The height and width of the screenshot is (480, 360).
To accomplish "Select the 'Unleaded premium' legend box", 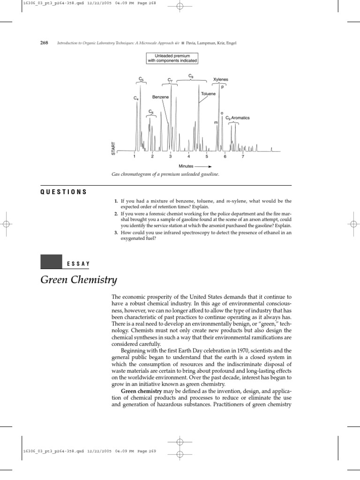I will (x=172, y=58).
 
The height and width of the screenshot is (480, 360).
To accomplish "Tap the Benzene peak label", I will (x=160, y=97).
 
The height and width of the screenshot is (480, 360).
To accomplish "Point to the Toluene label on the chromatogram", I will (x=209, y=94).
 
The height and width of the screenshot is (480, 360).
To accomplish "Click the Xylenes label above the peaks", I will (x=221, y=80).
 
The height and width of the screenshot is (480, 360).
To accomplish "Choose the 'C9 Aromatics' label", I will (x=238, y=118).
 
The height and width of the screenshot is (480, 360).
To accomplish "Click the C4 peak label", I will (x=135, y=98).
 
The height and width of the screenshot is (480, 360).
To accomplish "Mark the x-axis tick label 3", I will (x=170, y=157).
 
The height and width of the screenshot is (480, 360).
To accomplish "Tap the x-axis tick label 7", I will (x=242, y=157).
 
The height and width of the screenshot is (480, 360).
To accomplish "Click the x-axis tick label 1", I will (x=135, y=157).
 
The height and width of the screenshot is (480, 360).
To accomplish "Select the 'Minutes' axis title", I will (x=186, y=166).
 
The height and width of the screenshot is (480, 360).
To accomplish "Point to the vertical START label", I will (x=113, y=148).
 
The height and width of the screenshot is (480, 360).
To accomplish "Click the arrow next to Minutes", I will (x=203, y=166).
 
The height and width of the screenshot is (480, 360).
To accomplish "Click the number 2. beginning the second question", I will (x=115, y=214).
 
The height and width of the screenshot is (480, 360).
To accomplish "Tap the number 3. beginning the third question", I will (x=115, y=232).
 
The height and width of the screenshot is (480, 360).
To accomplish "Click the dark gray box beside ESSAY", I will (x=52, y=262).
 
